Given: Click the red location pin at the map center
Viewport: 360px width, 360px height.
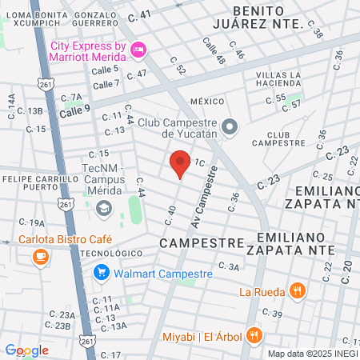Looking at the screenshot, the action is (x=180, y=166).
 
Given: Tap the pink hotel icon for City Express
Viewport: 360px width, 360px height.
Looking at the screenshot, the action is (x=138, y=50).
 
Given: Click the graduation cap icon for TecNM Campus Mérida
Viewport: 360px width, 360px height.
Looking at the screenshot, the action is (x=102, y=209).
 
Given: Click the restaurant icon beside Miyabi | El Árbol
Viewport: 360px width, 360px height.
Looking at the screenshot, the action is (x=254, y=334).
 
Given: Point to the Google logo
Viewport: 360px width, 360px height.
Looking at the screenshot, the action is (x=26, y=350).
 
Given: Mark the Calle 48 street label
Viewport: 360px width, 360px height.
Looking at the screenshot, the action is (x=214, y=50).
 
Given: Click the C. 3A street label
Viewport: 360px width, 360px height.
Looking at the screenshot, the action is (x=229, y=267).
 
